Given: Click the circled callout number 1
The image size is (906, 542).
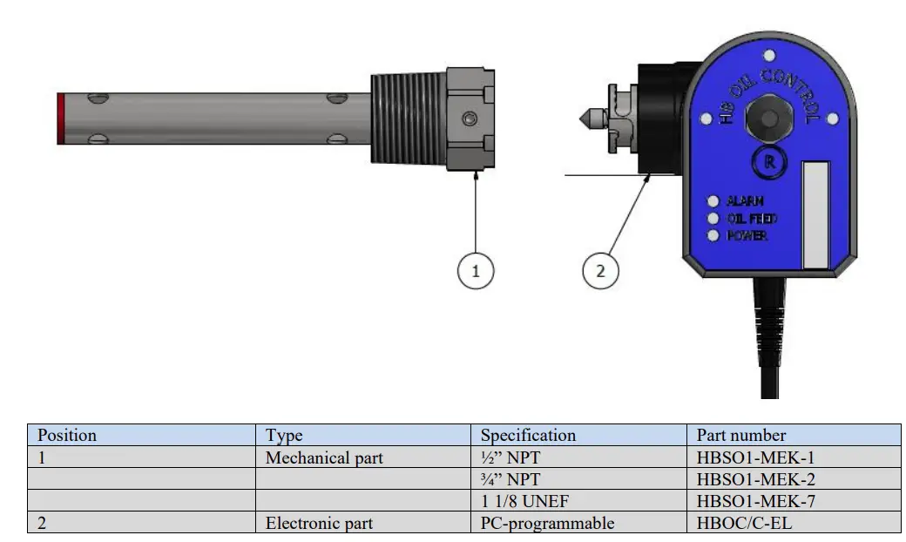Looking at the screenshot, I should pos(476,271).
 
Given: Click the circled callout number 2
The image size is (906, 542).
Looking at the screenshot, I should pos(599,271).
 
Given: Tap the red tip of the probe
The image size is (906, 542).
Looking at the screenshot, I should pos(58,119).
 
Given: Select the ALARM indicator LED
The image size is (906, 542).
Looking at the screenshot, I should pos(713,201).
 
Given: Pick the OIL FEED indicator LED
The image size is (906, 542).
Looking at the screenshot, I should pos(713,219).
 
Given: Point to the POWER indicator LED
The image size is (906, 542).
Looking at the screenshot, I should pos(713,235).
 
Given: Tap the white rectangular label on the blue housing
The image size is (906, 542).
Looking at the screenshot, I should pos(815,213).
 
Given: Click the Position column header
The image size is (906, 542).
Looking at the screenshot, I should pos(67,435).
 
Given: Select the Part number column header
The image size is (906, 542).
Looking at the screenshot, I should pos(741,435).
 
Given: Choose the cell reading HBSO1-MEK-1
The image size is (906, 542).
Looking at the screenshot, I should pos(755,457).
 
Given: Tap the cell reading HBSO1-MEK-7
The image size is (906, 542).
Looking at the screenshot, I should pos(755,501).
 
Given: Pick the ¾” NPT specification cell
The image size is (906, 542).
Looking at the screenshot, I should pos(510,479).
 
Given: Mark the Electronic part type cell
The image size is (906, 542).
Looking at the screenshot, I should pos(319,523).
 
